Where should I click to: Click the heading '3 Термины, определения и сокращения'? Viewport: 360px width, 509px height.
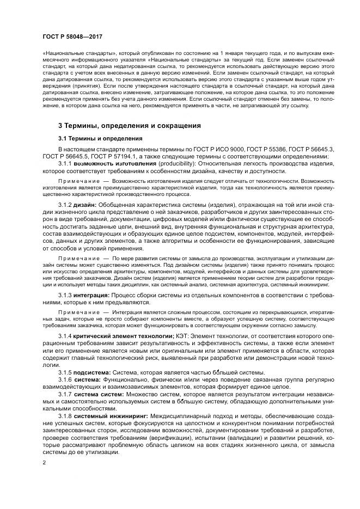[x=130, y=125]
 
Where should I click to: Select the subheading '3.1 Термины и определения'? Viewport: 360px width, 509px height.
[x=100, y=138]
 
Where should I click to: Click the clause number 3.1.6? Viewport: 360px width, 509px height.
[x=65, y=379]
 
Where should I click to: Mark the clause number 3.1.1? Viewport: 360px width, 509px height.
[x=65, y=163]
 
